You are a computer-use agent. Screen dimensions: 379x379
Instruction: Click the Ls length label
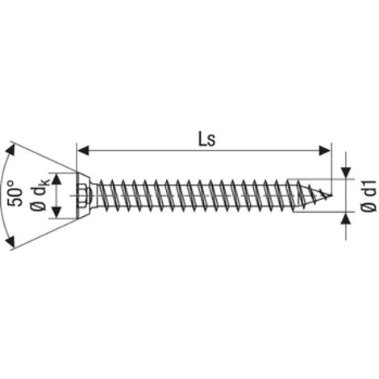pyautogui.click(x=206, y=140)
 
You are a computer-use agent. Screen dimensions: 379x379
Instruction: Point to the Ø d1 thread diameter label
pyautogui.click(x=369, y=196)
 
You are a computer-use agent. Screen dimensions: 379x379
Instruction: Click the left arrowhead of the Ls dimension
pyautogui.click(x=83, y=151)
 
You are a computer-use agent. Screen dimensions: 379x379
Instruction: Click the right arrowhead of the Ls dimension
pyautogui.click(x=325, y=151)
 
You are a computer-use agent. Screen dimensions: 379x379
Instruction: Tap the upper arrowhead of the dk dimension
pyautogui.click(x=56, y=179)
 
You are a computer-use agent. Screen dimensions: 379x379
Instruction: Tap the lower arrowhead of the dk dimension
pyautogui.click(x=56, y=212)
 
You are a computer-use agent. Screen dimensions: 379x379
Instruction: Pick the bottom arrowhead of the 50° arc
pyautogui.click(x=10, y=241)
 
